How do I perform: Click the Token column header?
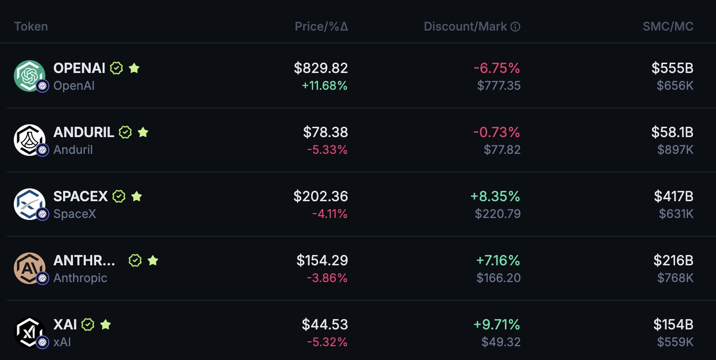point(31,27)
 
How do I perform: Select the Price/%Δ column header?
point(322,27)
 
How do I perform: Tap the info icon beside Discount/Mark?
point(515,27)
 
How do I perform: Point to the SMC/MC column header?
point(668,27)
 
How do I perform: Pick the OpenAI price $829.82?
point(321,68)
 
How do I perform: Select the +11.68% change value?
point(324,86)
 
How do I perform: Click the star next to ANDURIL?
point(143,132)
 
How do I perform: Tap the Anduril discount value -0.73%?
point(497,132)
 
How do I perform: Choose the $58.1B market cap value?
point(672,132)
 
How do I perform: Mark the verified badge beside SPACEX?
point(119,196)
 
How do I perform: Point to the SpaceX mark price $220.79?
point(498,214)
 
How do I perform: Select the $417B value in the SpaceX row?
point(674,196)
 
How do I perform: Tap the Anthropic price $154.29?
point(322,260)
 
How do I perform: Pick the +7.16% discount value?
point(498,260)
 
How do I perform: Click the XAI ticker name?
point(65,324)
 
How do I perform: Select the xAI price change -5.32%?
point(327,342)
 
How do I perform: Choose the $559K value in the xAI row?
point(675,342)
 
